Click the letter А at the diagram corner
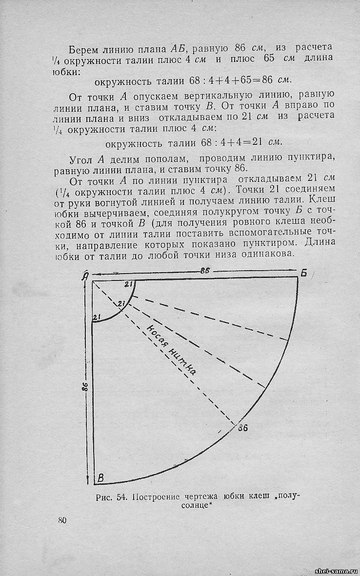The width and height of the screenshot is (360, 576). click(x=86, y=277)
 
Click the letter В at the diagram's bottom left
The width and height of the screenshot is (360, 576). click(x=100, y=478)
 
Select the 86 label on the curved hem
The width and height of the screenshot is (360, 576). click(x=243, y=428)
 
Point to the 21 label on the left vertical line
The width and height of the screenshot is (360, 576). click(x=97, y=318)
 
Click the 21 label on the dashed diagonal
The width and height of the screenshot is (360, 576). click(x=122, y=305)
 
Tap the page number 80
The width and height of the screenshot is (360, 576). click(x=62, y=520)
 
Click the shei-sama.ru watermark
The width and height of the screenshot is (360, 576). click(x=336, y=571)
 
